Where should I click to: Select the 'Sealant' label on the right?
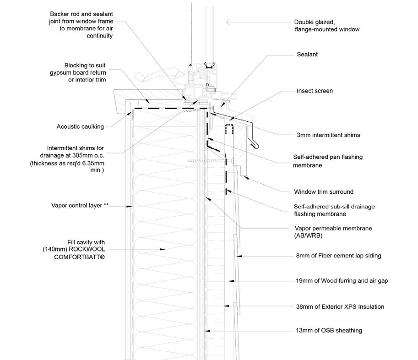click(307, 55)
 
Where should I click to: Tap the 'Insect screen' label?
click(315, 91)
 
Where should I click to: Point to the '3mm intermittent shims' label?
click(328, 135)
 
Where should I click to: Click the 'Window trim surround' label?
click(323, 191)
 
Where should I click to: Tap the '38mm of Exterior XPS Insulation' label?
click(340, 306)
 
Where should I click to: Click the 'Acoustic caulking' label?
click(80, 127)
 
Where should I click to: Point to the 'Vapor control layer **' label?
click(80, 206)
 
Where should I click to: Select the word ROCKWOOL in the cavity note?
click(87, 250)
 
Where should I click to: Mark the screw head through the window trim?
click(189, 161)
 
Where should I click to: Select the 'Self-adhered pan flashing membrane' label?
click(328, 161)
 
